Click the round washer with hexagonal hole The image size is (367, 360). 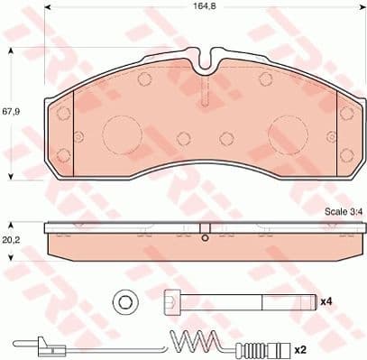click(125, 301)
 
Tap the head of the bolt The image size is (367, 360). click(171, 301)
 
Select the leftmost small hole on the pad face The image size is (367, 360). click(66, 113)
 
